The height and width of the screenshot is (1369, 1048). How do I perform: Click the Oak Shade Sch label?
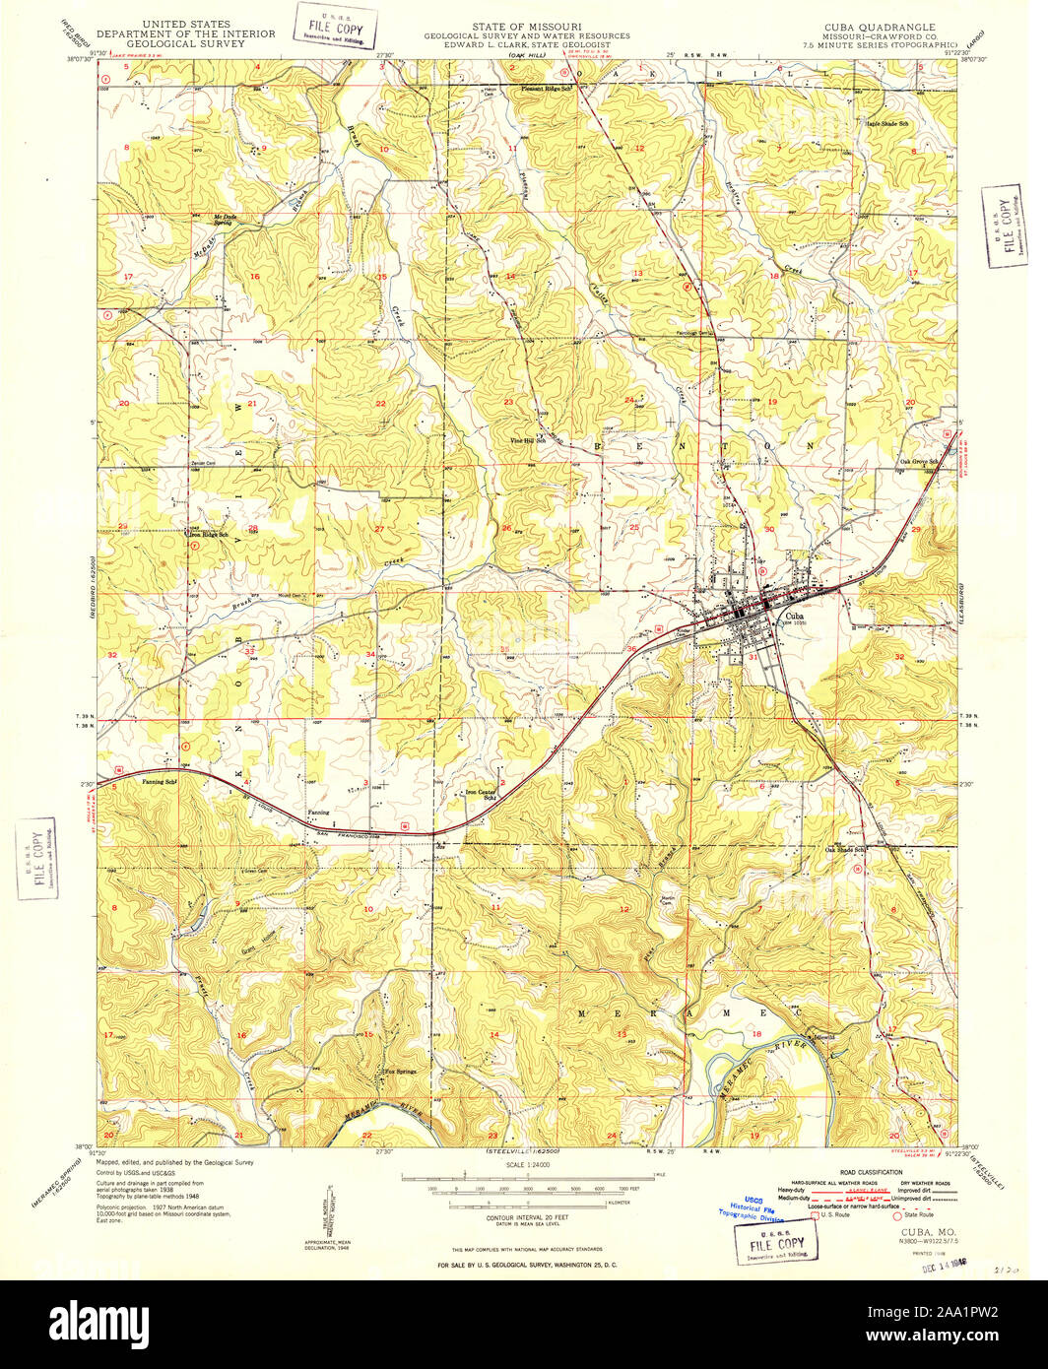[x=844, y=850]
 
